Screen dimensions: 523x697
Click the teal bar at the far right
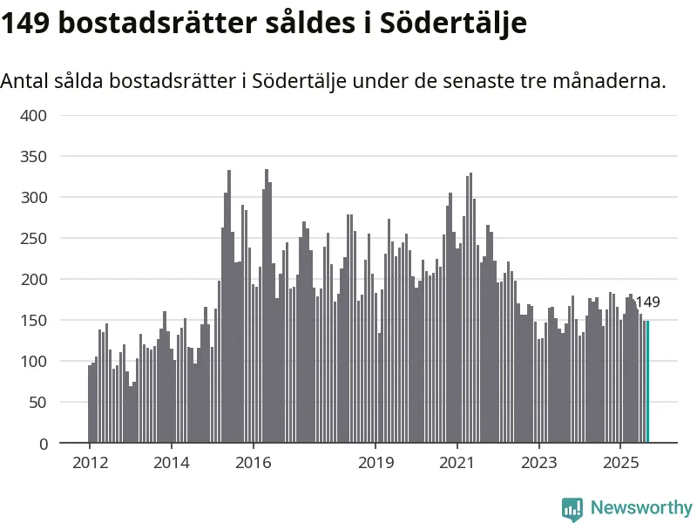[647, 382]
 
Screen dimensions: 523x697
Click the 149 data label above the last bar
[647, 302]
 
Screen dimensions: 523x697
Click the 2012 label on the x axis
[90, 462]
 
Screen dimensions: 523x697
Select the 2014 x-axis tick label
[172, 462]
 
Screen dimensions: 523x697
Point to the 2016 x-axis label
[254, 462]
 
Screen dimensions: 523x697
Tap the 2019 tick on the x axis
[376, 462]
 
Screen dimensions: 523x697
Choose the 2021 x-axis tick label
[457, 462]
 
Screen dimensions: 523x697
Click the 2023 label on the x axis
[539, 462]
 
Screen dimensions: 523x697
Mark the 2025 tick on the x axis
[620, 462]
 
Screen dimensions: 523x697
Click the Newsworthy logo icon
[572, 508]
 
